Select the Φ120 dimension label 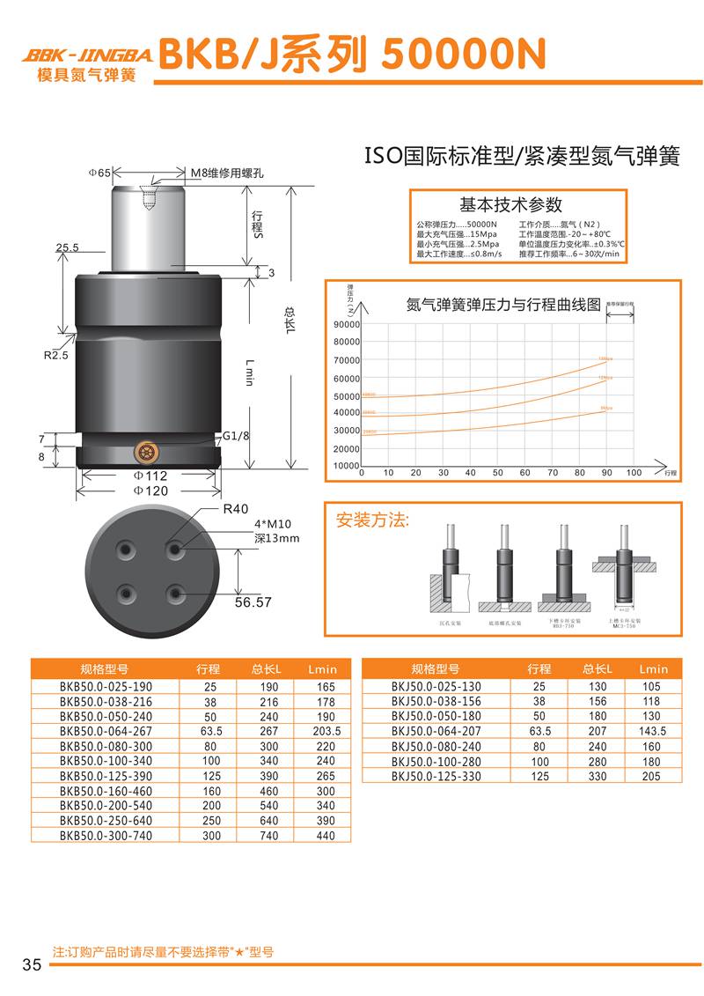[x=150, y=491]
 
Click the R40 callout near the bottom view [x=234, y=509]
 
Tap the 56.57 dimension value [x=253, y=602]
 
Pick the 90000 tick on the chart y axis [x=347, y=325]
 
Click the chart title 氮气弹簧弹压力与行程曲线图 [x=502, y=306]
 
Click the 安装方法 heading [x=373, y=520]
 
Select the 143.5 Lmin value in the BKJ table [x=653, y=731]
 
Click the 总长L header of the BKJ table [x=598, y=668]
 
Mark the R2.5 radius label [x=56, y=356]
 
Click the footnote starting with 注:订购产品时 [x=164, y=952]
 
